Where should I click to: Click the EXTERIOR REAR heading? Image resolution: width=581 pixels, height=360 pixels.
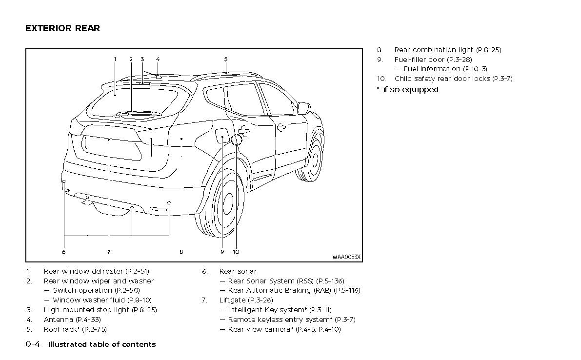[x=62, y=28]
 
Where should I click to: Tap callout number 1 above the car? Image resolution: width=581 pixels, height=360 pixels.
[x=115, y=60]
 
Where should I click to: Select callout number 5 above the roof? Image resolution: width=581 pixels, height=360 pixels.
[x=226, y=60]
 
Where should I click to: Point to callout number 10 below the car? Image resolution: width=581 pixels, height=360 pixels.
[x=236, y=252]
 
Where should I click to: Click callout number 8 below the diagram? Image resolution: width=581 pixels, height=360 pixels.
[x=181, y=252]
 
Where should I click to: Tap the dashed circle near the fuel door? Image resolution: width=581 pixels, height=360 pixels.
[x=237, y=140]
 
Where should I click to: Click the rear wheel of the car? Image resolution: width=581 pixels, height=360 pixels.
[x=222, y=205]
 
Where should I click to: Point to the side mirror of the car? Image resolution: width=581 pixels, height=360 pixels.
[x=304, y=107]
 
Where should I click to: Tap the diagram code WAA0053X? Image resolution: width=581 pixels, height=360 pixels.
[x=346, y=257]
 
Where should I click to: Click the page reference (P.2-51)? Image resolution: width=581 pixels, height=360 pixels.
[x=137, y=271]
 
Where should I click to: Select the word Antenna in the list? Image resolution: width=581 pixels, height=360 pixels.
[x=59, y=320]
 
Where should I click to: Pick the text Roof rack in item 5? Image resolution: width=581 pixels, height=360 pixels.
[x=60, y=329]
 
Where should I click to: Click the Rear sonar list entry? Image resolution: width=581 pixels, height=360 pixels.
[x=238, y=271]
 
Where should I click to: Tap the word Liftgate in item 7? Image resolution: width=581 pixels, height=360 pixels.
[x=232, y=300]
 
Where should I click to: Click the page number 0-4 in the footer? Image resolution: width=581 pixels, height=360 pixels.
[x=33, y=344]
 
